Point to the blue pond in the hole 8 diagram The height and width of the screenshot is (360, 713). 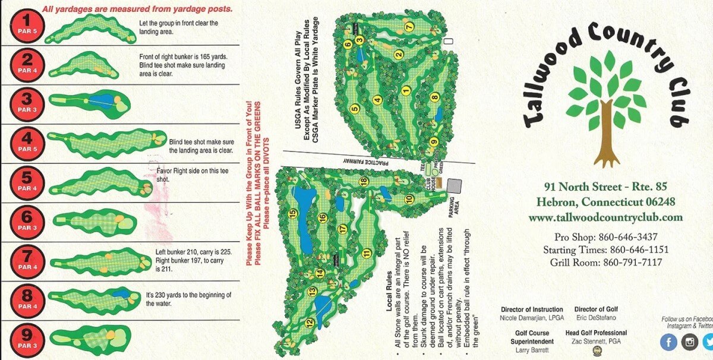coord(121,293)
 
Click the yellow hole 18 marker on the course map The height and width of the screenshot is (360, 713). coord(364,181)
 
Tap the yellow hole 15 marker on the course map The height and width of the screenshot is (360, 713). coord(292,214)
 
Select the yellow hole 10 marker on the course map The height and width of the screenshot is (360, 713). coord(409,199)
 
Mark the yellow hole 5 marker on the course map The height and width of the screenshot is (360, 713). coord(355,108)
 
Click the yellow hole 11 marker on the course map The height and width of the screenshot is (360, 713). coord(367,254)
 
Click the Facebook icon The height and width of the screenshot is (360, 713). coord(668,342)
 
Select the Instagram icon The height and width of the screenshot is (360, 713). coord(689,342)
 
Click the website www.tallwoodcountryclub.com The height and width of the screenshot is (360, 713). coord(605,217)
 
